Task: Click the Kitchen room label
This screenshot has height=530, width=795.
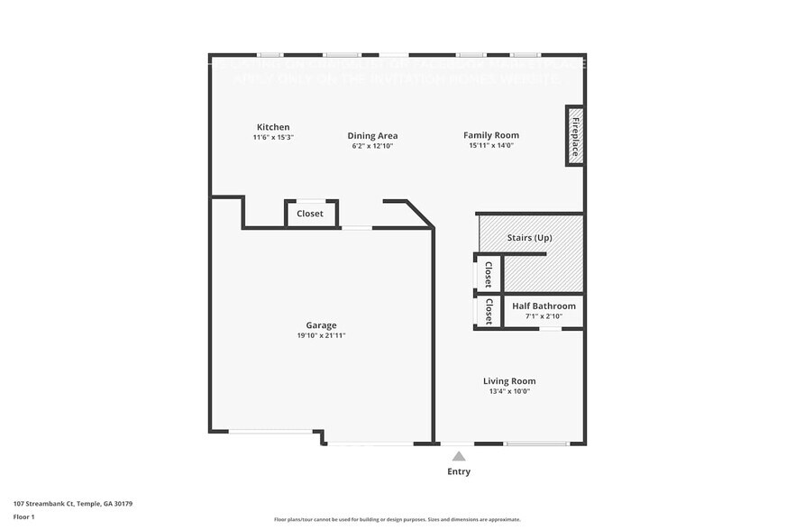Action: [x=273, y=127]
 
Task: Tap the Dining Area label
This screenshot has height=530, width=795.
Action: [x=372, y=136]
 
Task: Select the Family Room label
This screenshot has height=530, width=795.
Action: [x=491, y=135]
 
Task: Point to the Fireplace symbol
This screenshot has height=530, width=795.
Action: [x=574, y=135]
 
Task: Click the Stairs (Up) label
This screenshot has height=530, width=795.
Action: [x=529, y=238]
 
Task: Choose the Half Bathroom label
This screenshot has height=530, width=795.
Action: [x=544, y=306]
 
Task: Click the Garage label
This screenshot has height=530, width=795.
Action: [x=321, y=325]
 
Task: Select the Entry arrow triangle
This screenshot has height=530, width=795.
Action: [x=459, y=456]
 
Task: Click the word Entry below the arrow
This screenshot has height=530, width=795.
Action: [x=459, y=471]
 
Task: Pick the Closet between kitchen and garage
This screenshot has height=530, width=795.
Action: [x=310, y=214]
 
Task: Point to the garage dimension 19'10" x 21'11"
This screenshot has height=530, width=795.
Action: [x=321, y=335]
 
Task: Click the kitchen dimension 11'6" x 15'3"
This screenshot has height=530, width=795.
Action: [x=273, y=137]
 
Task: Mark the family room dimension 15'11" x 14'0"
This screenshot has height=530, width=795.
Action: [x=491, y=145]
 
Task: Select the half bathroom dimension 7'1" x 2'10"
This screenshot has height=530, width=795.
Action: [x=544, y=316]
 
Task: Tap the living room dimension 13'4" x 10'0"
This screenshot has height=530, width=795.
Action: [x=509, y=391]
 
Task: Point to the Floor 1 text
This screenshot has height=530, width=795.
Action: [x=23, y=516]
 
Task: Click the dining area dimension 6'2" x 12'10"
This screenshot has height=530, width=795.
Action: [x=372, y=146]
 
